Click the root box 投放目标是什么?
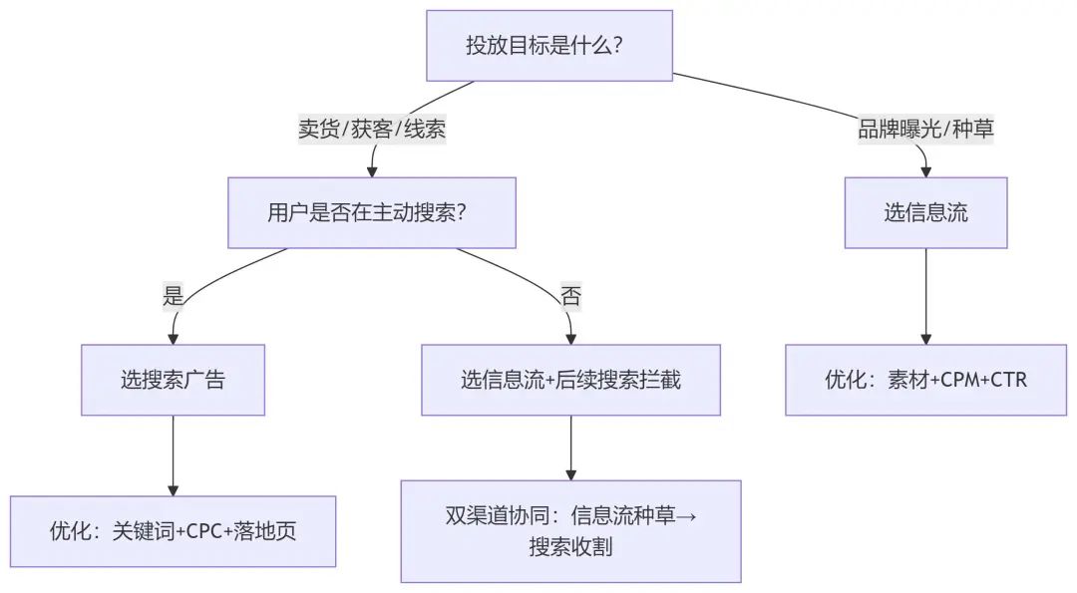click(x=549, y=46)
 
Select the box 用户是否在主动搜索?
click(x=371, y=212)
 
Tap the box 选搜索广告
click(x=173, y=380)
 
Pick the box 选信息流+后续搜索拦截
click(x=570, y=380)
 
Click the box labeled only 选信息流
click(x=925, y=212)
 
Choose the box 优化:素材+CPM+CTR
click(x=925, y=380)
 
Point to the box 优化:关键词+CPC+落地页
click(x=173, y=531)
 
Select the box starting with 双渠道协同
click(x=570, y=531)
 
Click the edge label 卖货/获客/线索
click(x=371, y=130)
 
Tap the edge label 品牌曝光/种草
click(x=925, y=130)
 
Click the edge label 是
click(x=174, y=295)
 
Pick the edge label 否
click(x=570, y=296)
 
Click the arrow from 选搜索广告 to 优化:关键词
click(x=174, y=453)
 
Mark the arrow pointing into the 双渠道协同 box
click(x=571, y=448)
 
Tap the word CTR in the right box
click(x=1007, y=380)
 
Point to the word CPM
click(x=955, y=380)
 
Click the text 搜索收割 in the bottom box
click(x=570, y=547)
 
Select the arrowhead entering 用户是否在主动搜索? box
click(x=373, y=169)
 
